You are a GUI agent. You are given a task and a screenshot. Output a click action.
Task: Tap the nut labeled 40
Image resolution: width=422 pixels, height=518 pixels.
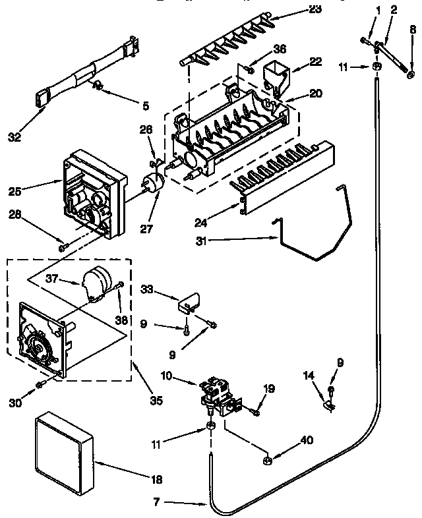[x=268, y=459]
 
